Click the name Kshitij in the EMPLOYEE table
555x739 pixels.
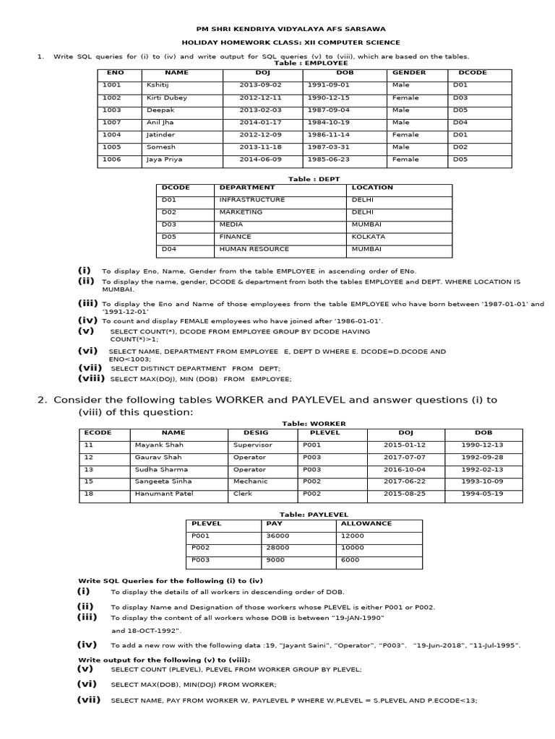pyautogui.click(x=156, y=85)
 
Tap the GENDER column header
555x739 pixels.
pyautogui.click(x=409, y=73)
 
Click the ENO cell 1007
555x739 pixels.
pyautogui.click(x=112, y=122)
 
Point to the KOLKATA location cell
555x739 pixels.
pyautogui.click(x=369, y=236)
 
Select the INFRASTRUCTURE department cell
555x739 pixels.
pyautogui.click(x=252, y=199)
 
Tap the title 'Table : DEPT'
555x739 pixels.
pyautogui.click(x=305, y=178)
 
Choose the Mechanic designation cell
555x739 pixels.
pyautogui.click(x=250, y=481)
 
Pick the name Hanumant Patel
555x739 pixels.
pyautogui.click(x=163, y=494)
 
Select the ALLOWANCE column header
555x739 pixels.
pyautogui.click(x=366, y=523)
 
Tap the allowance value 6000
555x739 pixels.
pyautogui.click(x=350, y=560)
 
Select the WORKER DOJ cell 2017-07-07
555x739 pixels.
pyautogui.click(x=399, y=457)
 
